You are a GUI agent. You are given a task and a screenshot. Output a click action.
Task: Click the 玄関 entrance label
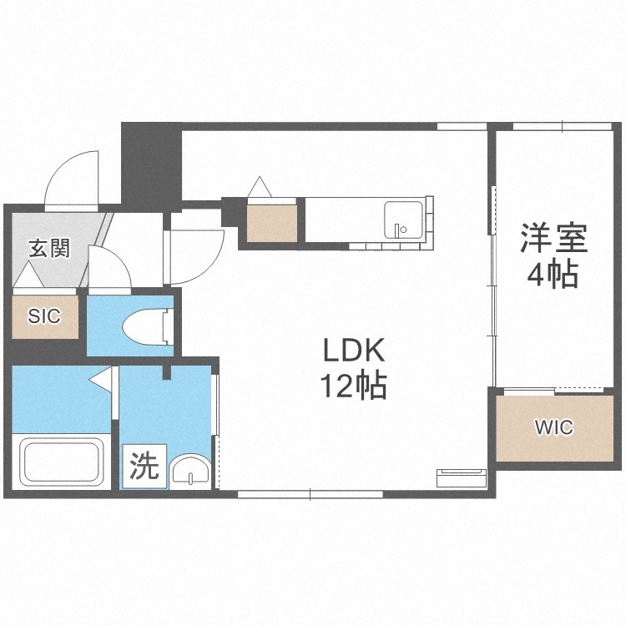pos(49,249)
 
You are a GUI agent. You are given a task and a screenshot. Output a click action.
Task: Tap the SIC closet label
pos(44,316)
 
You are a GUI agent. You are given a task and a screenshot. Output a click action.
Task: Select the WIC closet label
pos(553,427)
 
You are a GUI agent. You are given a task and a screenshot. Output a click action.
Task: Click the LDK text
pos(353,350)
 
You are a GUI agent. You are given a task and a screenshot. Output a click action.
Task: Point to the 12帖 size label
pos(353,386)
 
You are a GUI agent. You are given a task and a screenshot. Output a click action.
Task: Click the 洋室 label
pos(553,239)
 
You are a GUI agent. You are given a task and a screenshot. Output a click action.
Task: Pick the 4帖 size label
pos(553,275)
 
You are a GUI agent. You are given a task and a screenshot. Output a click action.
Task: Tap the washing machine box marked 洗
pos(144,467)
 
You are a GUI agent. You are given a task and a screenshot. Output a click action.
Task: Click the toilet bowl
pos(148,326)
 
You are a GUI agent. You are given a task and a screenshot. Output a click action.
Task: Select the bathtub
pos(62,461)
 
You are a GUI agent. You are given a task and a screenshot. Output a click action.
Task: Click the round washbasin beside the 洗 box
pos(190,470)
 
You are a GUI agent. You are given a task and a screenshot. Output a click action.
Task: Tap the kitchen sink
pos(403,220)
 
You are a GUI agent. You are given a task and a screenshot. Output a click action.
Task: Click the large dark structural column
pos(151,166)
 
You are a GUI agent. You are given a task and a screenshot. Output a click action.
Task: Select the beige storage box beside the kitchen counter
pos(272,224)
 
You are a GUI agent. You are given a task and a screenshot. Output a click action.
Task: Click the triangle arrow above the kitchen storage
pos(260,187)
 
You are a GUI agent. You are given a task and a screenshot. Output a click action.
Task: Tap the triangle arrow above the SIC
pos(28,275)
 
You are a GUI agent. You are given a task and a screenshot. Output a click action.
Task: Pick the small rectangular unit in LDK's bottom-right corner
pos(462,478)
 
